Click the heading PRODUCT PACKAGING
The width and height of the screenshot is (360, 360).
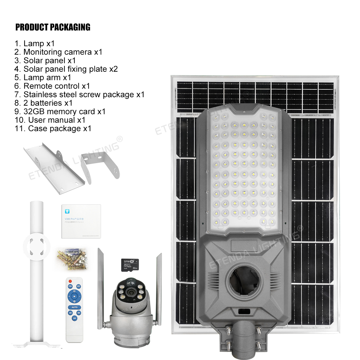point(53,27)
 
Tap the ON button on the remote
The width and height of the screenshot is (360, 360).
point(70,286)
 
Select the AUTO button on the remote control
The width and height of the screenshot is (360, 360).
point(74,307)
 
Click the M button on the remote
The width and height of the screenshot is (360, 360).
point(74,296)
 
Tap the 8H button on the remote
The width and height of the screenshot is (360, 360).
point(74,318)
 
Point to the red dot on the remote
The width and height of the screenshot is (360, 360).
point(70,281)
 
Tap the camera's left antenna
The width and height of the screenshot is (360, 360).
point(100,285)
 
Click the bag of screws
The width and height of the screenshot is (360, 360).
point(72,258)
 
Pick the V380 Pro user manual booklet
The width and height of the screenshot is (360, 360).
point(81,221)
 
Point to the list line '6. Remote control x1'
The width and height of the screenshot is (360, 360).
point(52,86)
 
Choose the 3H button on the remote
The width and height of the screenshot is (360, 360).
point(70,313)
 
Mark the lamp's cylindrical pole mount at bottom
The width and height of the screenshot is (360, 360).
point(243,339)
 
